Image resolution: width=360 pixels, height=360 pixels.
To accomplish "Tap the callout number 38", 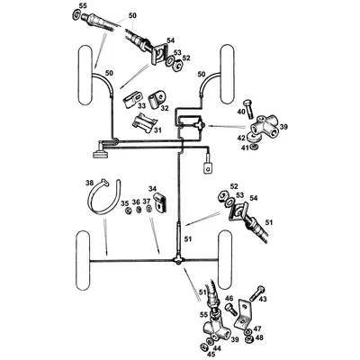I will point(88,184).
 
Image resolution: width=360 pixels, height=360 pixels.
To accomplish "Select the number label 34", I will point(154,190).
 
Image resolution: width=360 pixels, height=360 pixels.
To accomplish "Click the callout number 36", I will point(135,203).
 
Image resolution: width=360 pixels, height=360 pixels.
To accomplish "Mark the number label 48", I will point(258,339).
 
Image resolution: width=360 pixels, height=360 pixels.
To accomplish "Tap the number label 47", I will point(258,330).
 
